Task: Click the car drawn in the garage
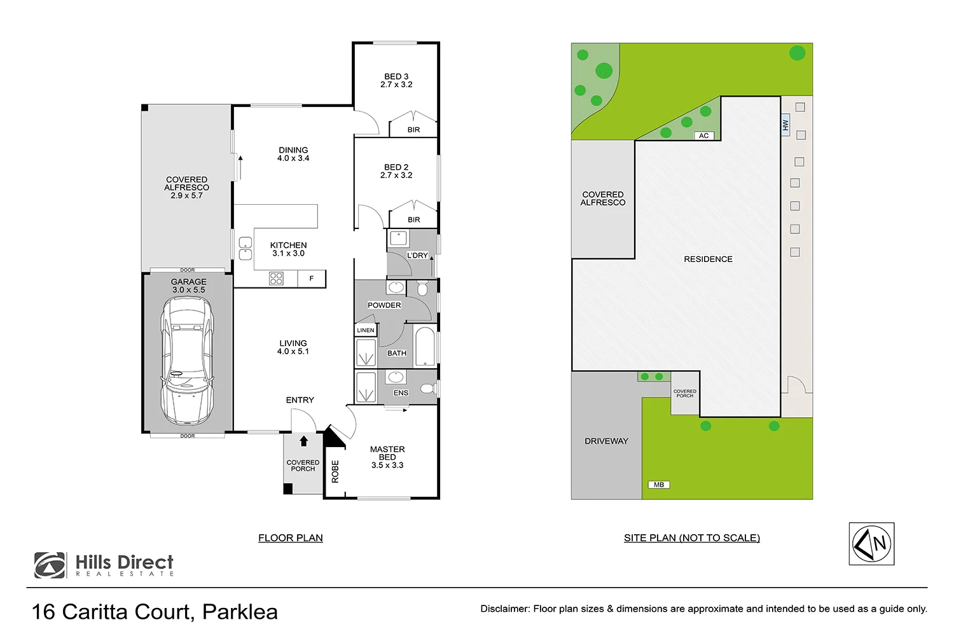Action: pos(187,361)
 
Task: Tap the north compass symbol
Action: pos(872,544)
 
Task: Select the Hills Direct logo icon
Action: pos(50,565)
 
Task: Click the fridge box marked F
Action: pos(312,279)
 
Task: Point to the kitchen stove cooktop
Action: pos(276,278)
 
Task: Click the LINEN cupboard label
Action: pos(366,330)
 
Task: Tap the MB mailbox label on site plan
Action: pos(659,485)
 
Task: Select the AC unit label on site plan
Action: pos(703,135)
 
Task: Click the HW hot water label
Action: pos(785,125)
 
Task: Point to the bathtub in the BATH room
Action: pos(424,346)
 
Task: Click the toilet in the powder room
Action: pos(422,289)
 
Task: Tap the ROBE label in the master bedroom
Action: pos(335,471)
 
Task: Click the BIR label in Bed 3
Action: pos(413,130)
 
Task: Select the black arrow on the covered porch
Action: pos(303,441)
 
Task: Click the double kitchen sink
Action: pos(245,249)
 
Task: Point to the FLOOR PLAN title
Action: pos(291,538)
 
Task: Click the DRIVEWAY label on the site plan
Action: pos(606,441)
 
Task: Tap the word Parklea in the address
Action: pos(240,612)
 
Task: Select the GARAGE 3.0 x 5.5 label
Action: pos(188,286)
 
